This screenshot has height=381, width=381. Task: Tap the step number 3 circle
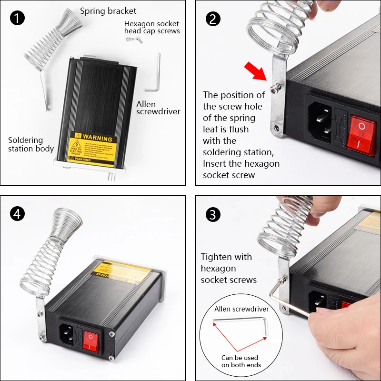(213, 214)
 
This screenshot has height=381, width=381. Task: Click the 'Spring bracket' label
(108, 11)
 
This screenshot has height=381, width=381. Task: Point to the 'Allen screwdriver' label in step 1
(158, 108)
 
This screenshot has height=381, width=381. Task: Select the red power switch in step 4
(91, 341)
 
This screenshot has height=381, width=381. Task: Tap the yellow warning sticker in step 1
(92, 148)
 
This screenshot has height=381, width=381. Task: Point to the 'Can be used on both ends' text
(240, 361)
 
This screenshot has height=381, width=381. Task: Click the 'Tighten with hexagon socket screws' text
(229, 268)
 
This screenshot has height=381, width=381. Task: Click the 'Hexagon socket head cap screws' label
(151, 27)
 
